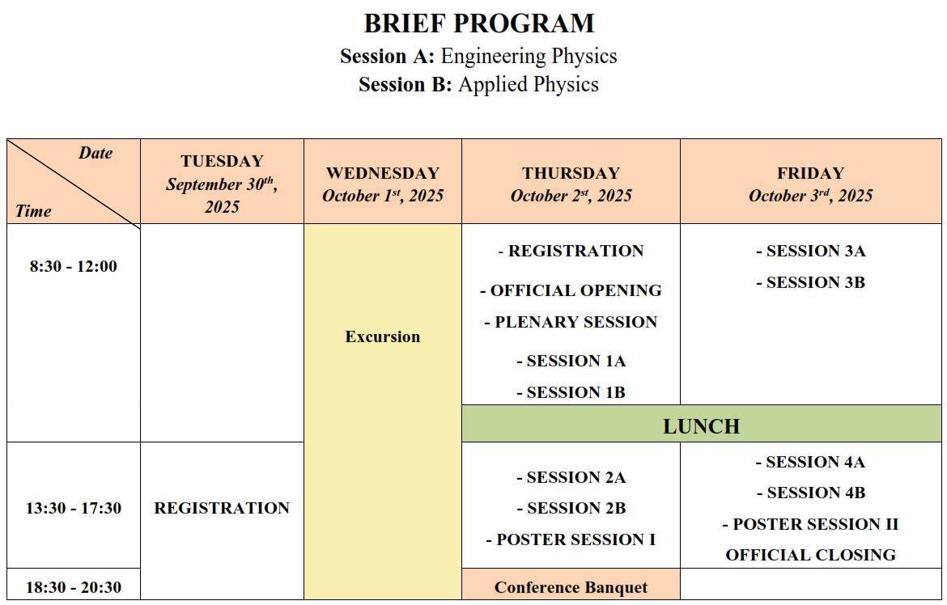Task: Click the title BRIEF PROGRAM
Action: (479, 23)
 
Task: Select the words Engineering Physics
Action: (529, 56)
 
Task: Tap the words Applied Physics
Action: (529, 85)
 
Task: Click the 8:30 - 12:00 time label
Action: (74, 266)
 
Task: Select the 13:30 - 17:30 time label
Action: (74, 508)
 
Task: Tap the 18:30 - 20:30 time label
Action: (74, 587)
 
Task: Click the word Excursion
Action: (383, 336)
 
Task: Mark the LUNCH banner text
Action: (701, 426)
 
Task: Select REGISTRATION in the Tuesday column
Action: (223, 508)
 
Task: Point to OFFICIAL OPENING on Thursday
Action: (571, 290)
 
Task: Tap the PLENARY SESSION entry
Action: (571, 322)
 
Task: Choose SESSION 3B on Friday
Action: (810, 282)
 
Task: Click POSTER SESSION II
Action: (810, 523)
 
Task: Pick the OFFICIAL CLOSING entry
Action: (810, 554)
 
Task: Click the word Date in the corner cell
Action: (96, 153)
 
